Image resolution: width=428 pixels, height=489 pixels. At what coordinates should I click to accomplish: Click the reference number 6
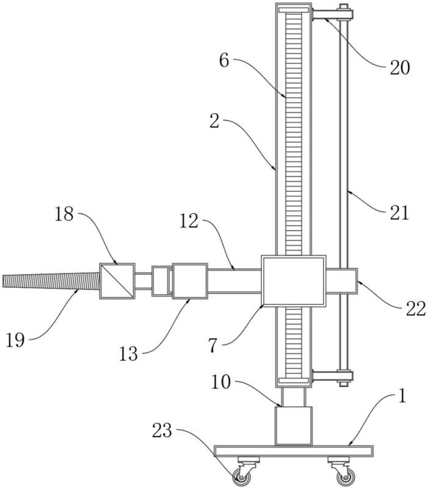224,60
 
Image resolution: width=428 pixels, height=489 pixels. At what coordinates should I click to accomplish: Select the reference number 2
214,122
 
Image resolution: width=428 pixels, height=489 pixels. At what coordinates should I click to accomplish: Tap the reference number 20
400,68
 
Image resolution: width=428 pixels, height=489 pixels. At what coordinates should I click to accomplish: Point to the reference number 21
399,213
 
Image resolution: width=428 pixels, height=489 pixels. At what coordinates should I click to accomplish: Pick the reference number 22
416,309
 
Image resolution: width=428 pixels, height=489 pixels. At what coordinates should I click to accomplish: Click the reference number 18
64,215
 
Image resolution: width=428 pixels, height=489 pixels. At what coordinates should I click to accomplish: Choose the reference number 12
189,221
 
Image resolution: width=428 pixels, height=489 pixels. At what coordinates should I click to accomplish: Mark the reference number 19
15,340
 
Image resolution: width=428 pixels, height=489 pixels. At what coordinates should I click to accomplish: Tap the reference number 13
128,354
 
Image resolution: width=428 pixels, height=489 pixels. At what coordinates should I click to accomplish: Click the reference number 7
212,345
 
